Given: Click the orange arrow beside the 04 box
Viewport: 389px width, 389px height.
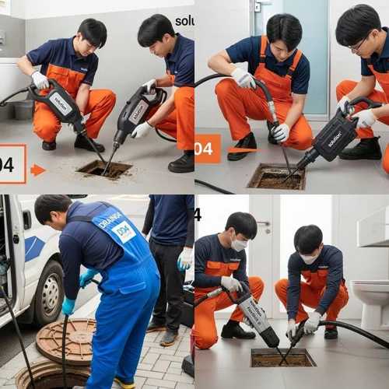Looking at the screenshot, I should point(37,170).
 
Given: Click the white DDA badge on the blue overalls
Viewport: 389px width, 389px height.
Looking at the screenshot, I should point(124,231).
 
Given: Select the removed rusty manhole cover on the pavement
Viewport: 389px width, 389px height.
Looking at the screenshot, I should point(66,340).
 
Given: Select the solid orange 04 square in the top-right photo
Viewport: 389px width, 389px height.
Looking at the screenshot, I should point(208,148).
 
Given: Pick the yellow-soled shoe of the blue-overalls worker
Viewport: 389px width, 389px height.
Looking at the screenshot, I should point(124,382).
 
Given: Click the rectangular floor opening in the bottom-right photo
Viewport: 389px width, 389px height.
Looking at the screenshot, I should point(282,357).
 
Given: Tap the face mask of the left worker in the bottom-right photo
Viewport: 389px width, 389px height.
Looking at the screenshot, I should point(240,244).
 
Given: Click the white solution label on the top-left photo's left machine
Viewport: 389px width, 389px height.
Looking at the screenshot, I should point(60,100).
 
